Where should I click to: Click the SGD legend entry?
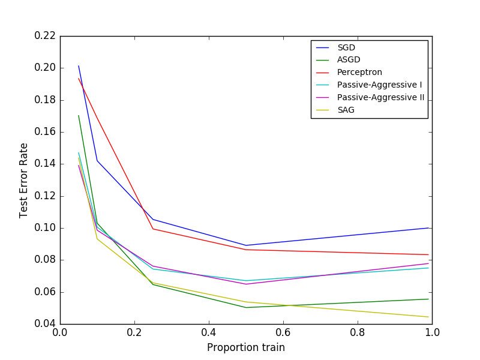coord(346,47)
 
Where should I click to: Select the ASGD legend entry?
coord(349,59)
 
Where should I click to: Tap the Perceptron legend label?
coord(359,72)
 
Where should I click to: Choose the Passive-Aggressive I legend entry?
coord(379,85)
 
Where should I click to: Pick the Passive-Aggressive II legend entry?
coord(380,97)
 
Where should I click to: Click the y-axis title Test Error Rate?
coord(24,180)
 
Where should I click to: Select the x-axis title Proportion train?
coord(246,347)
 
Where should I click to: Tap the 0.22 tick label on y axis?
coord(44,35)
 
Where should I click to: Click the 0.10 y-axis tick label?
coord(44,228)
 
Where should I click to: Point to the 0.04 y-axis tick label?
coord(44,324)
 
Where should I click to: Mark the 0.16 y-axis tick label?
coord(44,131)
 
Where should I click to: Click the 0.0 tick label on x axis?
coord(60,332)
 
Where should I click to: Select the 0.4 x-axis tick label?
coord(209,332)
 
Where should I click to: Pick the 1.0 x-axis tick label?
coord(432,332)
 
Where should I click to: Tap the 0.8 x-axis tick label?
coord(358,332)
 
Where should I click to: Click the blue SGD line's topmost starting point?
coord(79,66)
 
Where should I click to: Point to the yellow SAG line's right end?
coord(428,317)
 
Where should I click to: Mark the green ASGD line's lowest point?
coord(246,307)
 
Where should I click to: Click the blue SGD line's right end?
coord(428,228)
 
